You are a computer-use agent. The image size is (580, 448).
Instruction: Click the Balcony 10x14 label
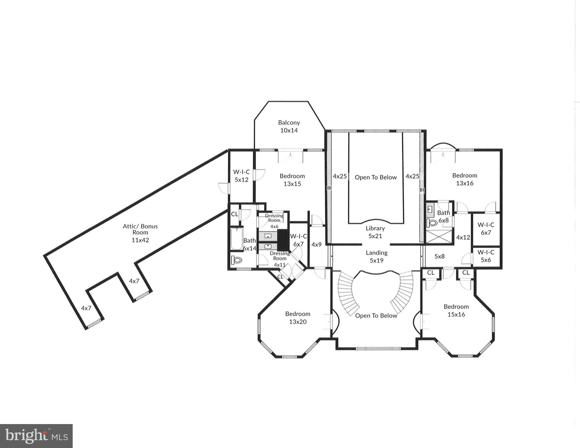(289, 127)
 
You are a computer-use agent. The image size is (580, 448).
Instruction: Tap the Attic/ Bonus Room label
(140, 233)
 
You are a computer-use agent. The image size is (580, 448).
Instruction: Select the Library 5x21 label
(375, 232)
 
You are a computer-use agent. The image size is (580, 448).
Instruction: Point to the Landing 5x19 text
(377, 257)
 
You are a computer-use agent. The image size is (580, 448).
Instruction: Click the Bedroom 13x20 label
(298, 318)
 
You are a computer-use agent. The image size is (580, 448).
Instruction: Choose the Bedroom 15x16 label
(456, 311)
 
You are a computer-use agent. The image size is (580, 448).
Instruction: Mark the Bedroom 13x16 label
(464, 179)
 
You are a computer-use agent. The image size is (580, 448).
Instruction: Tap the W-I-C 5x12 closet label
(241, 176)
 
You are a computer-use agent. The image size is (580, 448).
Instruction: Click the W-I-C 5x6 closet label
(486, 256)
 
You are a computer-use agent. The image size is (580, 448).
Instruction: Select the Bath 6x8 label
(443, 217)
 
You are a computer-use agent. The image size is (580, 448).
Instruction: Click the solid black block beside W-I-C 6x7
(283, 240)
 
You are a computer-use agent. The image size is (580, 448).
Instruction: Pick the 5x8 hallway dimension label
(439, 257)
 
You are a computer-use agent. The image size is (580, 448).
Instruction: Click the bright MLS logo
(36, 436)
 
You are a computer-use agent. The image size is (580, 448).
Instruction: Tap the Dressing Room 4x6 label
(274, 221)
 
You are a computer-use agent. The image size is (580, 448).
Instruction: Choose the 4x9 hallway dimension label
(316, 245)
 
